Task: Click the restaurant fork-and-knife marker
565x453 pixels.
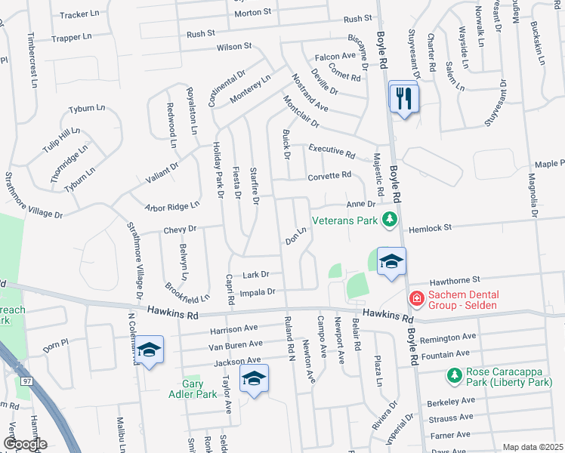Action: [x=403, y=97]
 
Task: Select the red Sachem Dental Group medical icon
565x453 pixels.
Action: [x=415, y=300]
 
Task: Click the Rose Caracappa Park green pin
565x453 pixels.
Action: [x=454, y=375]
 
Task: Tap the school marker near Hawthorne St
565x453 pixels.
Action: [x=391, y=262]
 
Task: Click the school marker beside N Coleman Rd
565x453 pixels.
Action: [x=149, y=350]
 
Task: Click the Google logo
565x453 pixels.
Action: [x=24, y=444]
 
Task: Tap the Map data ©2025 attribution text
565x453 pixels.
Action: [x=533, y=447]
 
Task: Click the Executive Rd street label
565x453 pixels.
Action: [x=331, y=153]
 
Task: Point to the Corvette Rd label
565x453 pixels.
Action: [x=329, y=175]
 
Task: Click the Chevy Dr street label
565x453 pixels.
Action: [x=178, y=229]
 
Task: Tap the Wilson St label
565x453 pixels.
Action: [x=233, y=47]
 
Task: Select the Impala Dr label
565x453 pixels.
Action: [x=258, y=291]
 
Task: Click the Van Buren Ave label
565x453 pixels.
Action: [x=233, y=346]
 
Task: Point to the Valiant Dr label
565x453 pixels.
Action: [x=162, y=174]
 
